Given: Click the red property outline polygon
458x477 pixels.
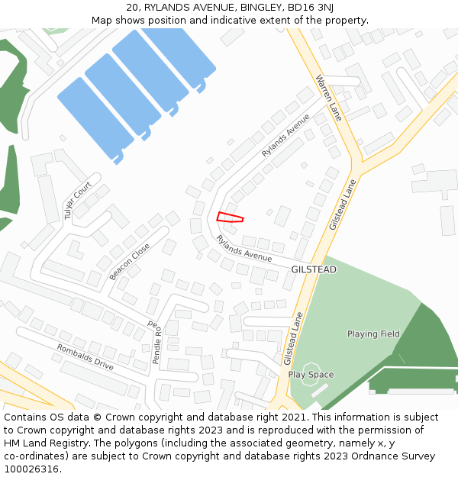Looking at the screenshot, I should pyautogui.click(x=229, y=218).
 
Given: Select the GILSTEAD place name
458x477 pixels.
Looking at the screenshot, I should pyautogui.click(x=313, y=269).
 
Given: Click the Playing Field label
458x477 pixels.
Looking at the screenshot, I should pyautogui.click(x=373, y=334).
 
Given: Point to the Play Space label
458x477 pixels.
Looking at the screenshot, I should pyautogui.click(x=311, y=375).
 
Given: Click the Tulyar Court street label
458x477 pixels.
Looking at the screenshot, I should pyautogui.click(x=78, y=201).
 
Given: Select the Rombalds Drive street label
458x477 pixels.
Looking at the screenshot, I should pyautogui.click(x=85, y=357).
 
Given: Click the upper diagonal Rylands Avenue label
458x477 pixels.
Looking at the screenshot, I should pyautogui.click(x=285, y=135).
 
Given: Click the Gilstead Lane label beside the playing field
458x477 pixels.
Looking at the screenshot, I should pyautogui.click(x=293, y=337).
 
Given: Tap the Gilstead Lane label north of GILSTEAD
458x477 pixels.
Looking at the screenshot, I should pyautogui.click(x=343, y=205).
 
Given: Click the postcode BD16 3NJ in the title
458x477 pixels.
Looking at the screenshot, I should pyautogui.click(x=310, y=7).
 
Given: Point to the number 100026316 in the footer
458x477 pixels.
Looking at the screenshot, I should pyautogui.click(x=32, y=469).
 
